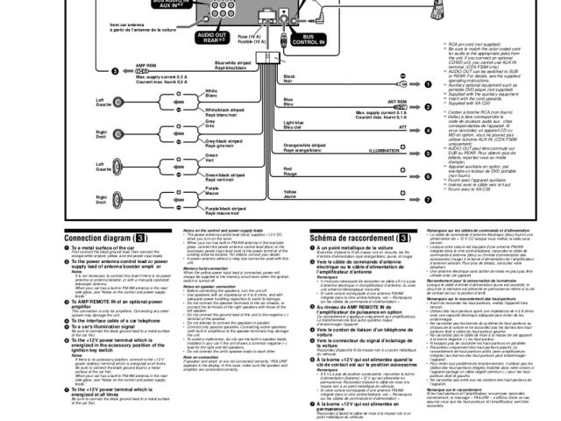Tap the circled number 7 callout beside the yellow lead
tap(428, 200)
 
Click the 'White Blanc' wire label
tap(211, 93)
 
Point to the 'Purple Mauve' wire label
tap(211, 190)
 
